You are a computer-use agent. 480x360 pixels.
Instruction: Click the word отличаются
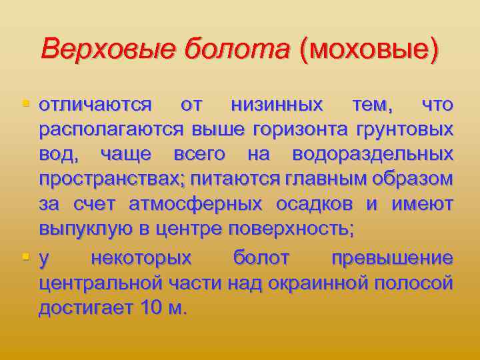pos(95,105)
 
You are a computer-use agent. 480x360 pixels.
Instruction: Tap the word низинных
pos(277,105)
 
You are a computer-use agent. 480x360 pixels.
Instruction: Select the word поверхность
pos(291,229)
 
